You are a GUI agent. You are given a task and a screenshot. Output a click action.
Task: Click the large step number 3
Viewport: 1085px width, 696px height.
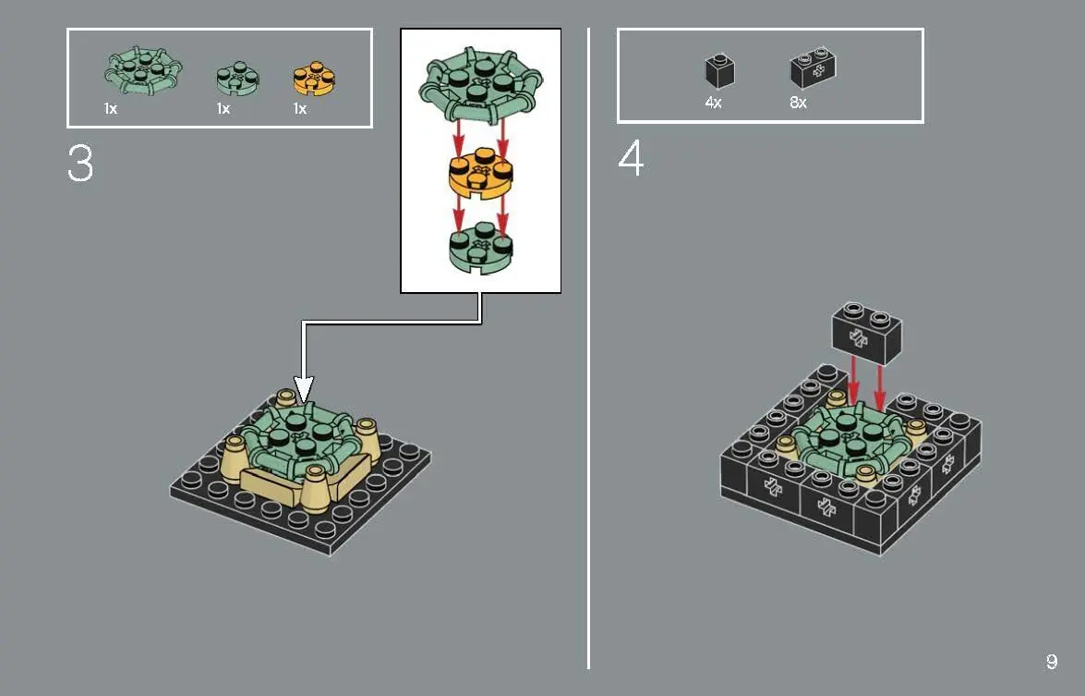(x=80, y=164)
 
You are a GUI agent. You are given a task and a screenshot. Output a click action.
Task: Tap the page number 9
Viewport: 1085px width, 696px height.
(x=1051, y=662)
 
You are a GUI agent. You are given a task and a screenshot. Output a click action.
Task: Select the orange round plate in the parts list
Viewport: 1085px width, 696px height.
(x=314, y=79)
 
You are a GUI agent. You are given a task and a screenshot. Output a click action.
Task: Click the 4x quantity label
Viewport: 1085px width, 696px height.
(x=713, y=103)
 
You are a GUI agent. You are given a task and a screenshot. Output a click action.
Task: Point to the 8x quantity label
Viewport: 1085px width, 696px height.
(x=798, y=103)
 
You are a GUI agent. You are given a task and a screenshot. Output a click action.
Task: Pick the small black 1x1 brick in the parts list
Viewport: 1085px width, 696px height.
(x=719, y=70)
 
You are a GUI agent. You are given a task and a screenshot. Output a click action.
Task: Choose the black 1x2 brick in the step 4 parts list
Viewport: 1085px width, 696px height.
(x=814, y=67)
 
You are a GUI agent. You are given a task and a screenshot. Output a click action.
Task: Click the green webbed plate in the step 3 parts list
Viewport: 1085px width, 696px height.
(x=143, y=70)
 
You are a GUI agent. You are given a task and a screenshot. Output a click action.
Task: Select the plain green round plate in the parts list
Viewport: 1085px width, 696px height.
(x=237, y=79)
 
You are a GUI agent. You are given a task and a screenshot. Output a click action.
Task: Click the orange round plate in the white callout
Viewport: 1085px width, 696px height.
(x=481, y=173)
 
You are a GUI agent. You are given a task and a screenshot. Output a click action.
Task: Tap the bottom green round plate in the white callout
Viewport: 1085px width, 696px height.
(x=481, y=247)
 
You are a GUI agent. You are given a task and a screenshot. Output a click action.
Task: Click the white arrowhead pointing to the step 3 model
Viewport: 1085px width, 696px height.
(x=304, y=389)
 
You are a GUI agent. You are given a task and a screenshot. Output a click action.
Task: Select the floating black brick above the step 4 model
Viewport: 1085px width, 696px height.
(x=867, y=333)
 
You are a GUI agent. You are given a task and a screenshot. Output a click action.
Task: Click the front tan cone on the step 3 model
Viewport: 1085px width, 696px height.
(x=315, y=488)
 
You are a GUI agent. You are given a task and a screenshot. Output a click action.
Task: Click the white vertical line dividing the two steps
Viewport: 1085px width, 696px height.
(x=589, y=348)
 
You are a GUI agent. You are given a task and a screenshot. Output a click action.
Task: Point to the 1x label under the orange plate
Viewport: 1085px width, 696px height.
(x=299, y=109)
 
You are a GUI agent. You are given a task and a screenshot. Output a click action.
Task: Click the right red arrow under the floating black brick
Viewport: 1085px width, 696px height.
(x=879, y=388)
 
